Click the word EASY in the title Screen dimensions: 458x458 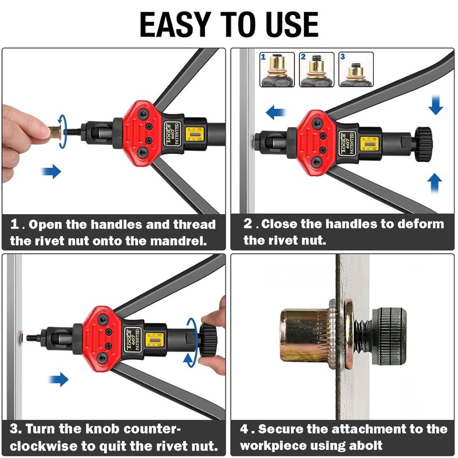pyautogui.click(x=175, y=25)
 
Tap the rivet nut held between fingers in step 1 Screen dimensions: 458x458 pyautogui.click(x=55, y=133)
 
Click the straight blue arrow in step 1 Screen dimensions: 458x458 pyautogui.click(x=52, y=171)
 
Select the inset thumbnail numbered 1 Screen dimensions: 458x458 pyautogui.click(x=277, y=69)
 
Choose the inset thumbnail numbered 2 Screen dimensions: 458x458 pyautogui.click(x=317, y=69)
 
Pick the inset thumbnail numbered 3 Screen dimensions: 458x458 pyautogui.click(x=356, y=69)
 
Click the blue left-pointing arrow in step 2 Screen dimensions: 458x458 pyautogui.click(x=276, y=112)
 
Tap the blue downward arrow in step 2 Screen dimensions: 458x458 pyautogui.click(x=436, y=104)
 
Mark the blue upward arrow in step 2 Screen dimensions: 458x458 pyautogui.click(x=435, y=183)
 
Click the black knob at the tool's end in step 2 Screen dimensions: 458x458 pyautogui.click(x=423, y=144)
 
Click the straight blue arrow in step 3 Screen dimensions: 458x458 pyautogui.click(x=59, y=380)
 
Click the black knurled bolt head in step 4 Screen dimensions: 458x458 pyautogui.click(x=389, y=336)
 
